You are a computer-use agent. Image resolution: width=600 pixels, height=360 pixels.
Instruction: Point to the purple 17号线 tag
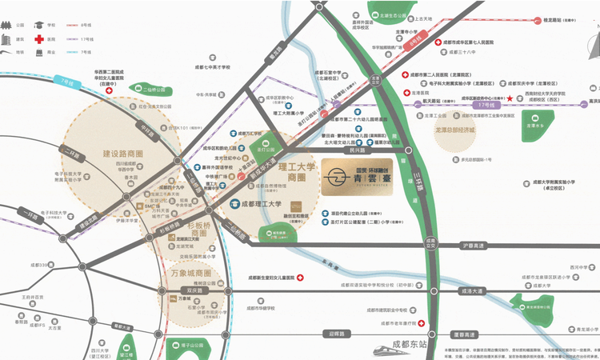click(483, 104)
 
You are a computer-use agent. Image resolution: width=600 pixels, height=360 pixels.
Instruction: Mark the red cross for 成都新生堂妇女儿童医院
click(300, 279)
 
